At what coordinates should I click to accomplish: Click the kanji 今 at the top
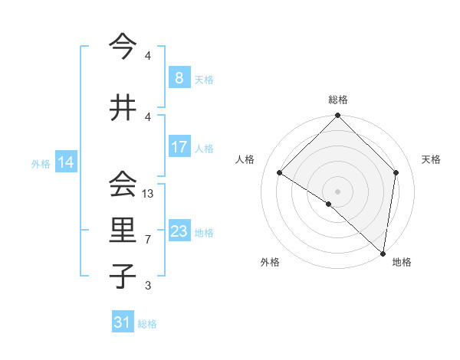(123, 47)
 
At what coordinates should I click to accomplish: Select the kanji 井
(123, 107)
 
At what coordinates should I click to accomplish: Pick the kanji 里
(123, 231)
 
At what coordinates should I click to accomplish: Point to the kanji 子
(123, 276)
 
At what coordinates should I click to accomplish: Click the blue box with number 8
(179, 78)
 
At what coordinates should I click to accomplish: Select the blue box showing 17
(179, 147)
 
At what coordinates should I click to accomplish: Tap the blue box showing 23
(179, 231)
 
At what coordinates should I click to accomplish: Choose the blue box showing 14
(65, 162)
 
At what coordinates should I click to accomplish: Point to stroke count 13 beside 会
(148, 194)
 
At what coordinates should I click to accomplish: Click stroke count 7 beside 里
(148, 240)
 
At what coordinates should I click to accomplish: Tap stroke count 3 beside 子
(148, 286)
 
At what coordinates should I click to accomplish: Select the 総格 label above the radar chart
(337, 100)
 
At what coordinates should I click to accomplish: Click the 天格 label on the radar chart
(431, 159)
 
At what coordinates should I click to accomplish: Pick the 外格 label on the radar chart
(270, 262)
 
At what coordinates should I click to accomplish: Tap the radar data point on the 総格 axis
(337, 116)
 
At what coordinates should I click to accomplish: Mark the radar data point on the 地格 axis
(383, 253)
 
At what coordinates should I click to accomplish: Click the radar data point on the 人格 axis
(280, 172)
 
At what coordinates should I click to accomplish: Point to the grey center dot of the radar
(337, 191)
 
